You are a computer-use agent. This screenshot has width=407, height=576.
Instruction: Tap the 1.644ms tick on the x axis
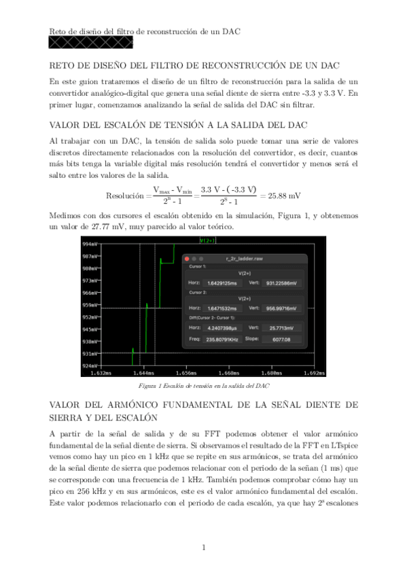click(x=143, y=373)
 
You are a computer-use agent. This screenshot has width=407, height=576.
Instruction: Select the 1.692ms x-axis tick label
click(x=314, y=373)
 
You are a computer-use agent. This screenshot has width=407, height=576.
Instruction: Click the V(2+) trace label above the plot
click(x=207, y=240)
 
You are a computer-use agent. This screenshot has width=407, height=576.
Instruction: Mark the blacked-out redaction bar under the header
click(x=91, y=43)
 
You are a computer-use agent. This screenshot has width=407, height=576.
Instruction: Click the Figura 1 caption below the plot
click(x=203, y=385)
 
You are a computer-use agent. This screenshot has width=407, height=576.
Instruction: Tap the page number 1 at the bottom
click(x=203, y=547)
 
